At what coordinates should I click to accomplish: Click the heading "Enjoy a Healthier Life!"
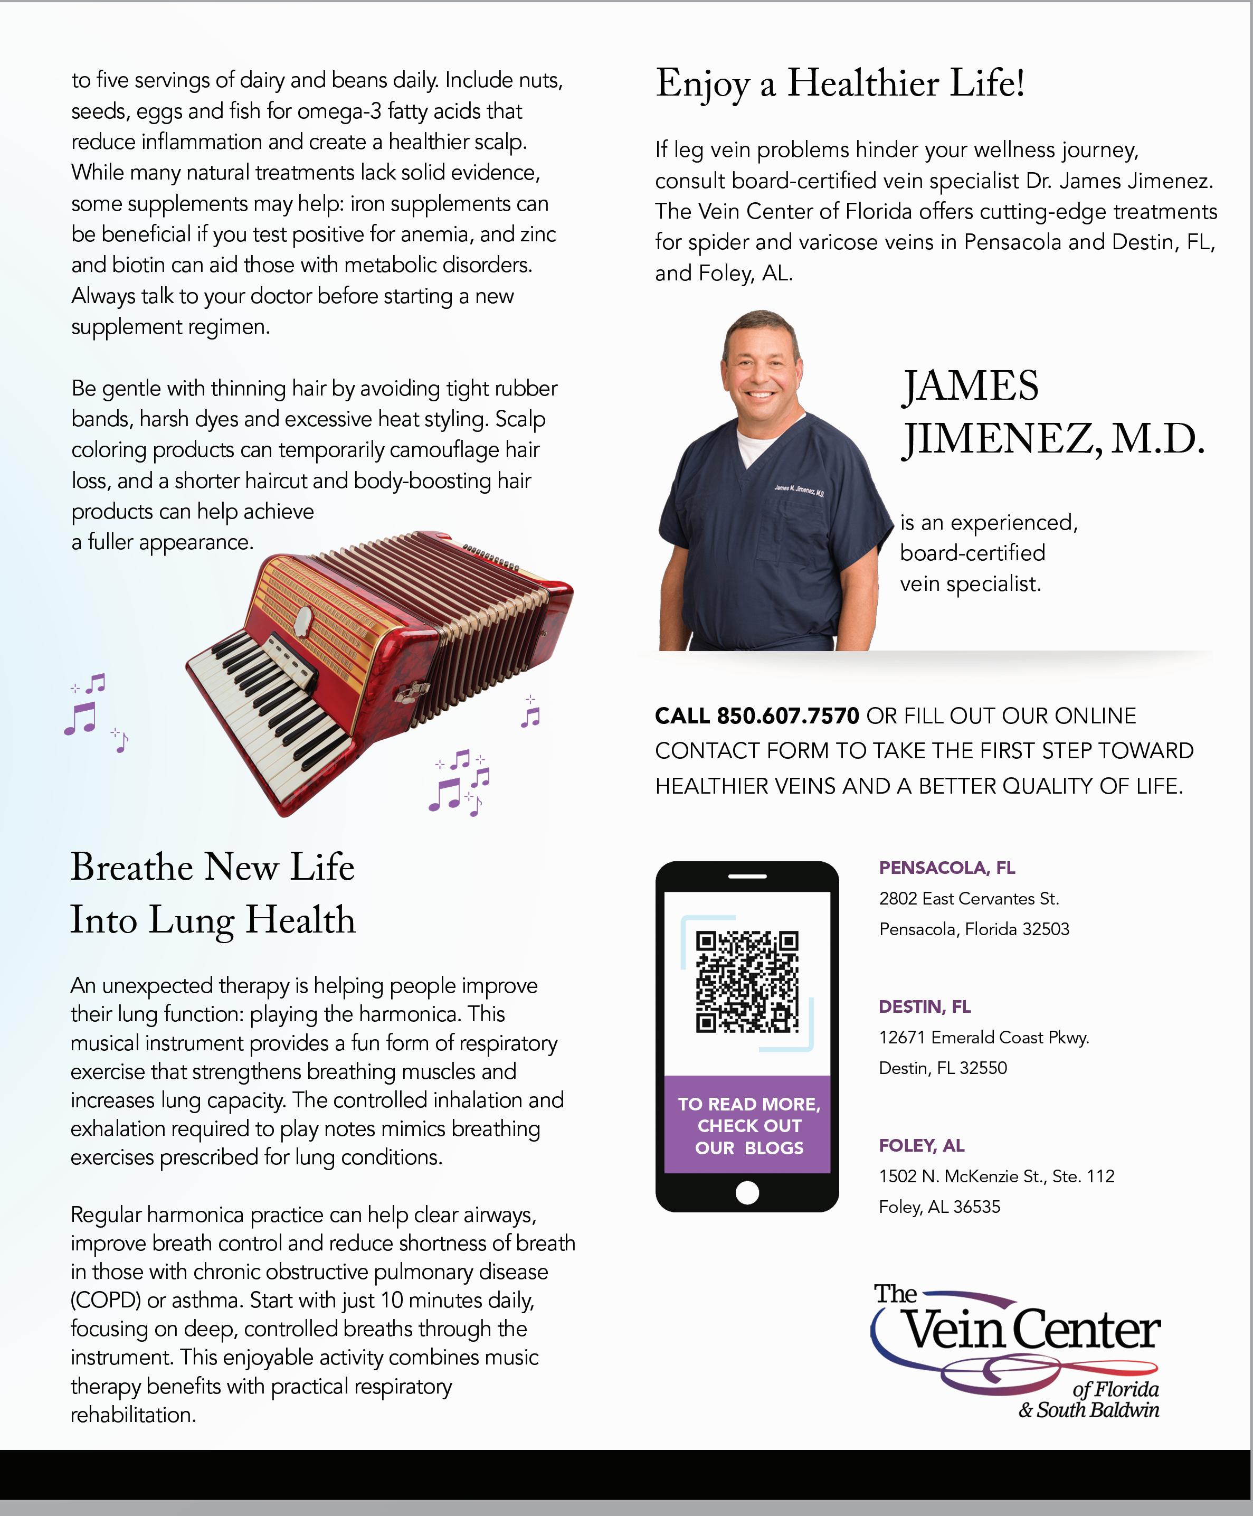[x=839, y=83]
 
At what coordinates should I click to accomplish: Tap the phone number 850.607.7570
[x=787, y=715]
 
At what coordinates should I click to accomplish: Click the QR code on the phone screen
[x=747, y=982]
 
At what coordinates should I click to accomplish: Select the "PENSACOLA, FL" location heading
[x=946, y=868]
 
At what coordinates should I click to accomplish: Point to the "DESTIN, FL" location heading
[x=925, y=1006]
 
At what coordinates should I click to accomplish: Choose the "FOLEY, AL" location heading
[x=921, y=1145]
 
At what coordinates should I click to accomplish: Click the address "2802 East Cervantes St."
[x=969, y=899]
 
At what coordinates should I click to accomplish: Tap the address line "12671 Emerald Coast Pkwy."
[x=983, y=1038]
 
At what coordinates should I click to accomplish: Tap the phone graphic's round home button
[x=747, y=1193]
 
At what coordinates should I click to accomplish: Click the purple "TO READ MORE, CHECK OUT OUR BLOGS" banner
[x=748, y=1125]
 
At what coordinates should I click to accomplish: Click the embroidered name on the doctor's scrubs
[x=799, y=490]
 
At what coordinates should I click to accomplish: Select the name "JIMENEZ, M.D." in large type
[x=1052, y=439]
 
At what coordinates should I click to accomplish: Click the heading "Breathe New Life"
[x=212, y=867]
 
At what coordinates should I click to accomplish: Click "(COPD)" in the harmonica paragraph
[x=106, y=1300]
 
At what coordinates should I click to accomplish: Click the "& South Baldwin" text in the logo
[x=1088, y=1410]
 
